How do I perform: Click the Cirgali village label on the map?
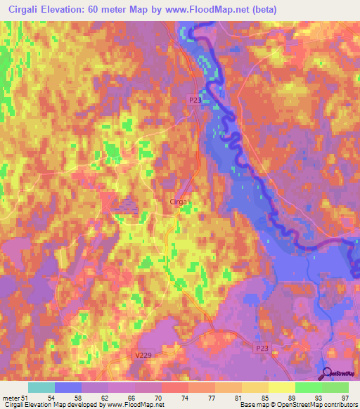coord(181,202)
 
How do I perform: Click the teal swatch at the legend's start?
coord(41,387)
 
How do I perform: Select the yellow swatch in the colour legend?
coord(282,387)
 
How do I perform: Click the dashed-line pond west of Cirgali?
coord(126,205)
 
